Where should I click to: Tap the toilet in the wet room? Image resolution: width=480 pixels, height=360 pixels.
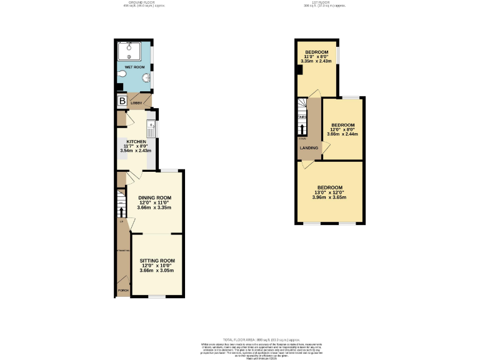121,74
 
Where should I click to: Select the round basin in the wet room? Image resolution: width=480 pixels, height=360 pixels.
146,78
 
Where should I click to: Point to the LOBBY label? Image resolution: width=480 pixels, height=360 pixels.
136,102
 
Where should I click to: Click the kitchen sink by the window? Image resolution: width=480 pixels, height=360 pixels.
151,129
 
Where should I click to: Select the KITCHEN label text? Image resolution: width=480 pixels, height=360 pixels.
136,142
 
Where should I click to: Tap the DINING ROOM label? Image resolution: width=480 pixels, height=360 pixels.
154,197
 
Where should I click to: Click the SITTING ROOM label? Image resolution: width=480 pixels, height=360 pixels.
157,260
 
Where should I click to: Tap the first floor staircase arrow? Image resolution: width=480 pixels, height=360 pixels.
302,129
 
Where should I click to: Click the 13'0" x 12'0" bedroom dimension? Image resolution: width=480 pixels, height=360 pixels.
329,192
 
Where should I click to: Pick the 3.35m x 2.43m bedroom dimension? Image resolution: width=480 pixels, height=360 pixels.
317,61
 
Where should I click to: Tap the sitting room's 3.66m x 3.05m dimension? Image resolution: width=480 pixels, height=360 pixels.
157,270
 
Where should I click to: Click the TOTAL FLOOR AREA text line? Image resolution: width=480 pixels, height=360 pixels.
239,337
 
